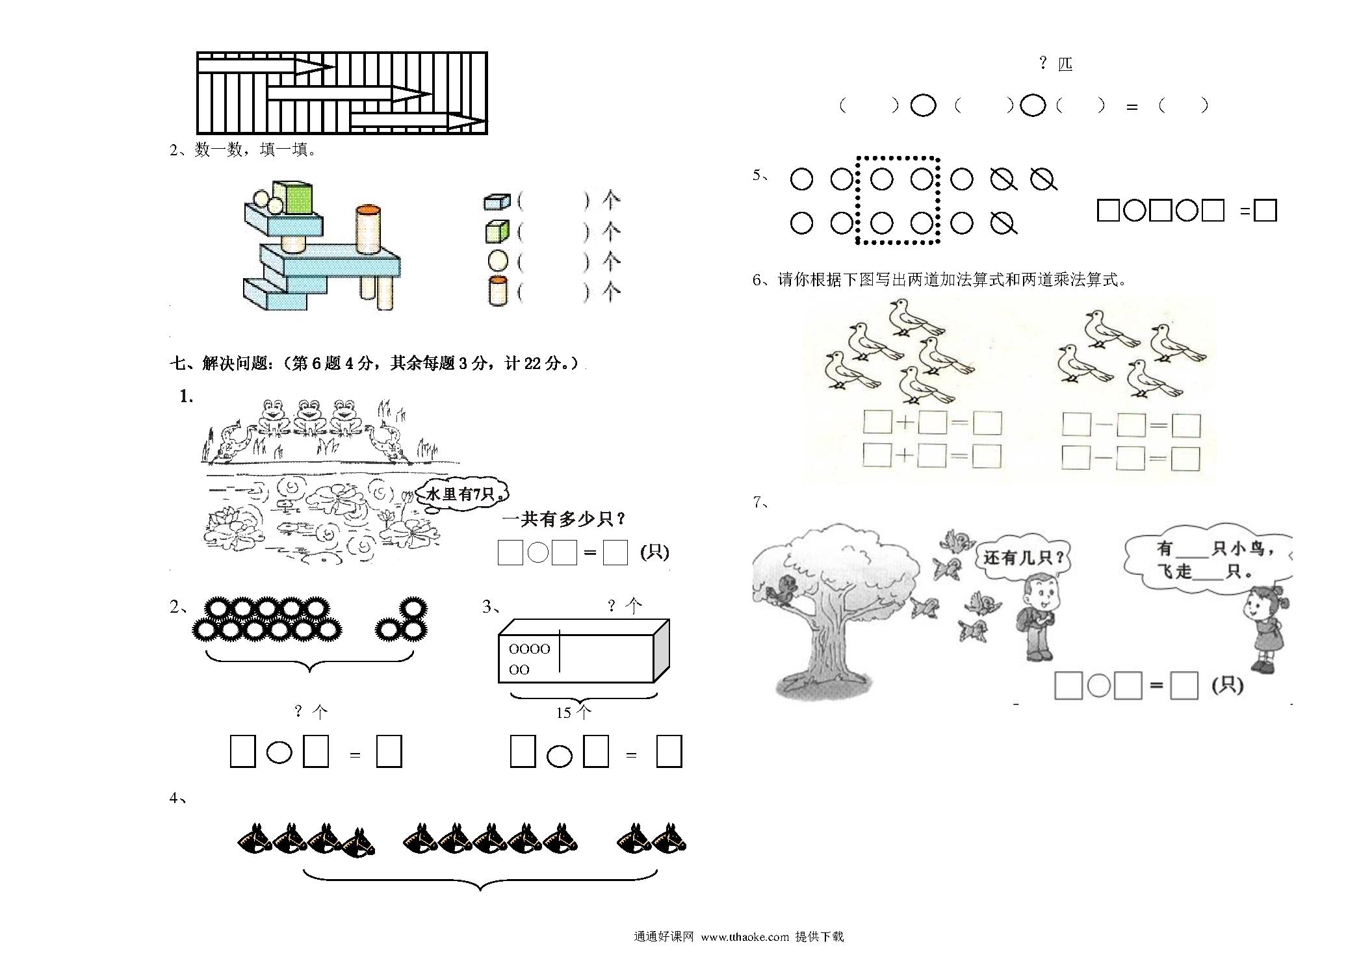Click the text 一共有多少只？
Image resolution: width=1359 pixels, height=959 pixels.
[563, 519]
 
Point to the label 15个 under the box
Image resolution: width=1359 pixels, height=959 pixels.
[573, 713]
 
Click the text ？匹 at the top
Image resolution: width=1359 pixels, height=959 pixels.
[1055, 64]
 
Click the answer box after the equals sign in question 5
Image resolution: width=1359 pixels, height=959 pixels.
[1265, 211]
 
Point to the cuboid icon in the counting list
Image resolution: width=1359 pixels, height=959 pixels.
[497, 201]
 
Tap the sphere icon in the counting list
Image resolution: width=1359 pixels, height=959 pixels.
[498, 261]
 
